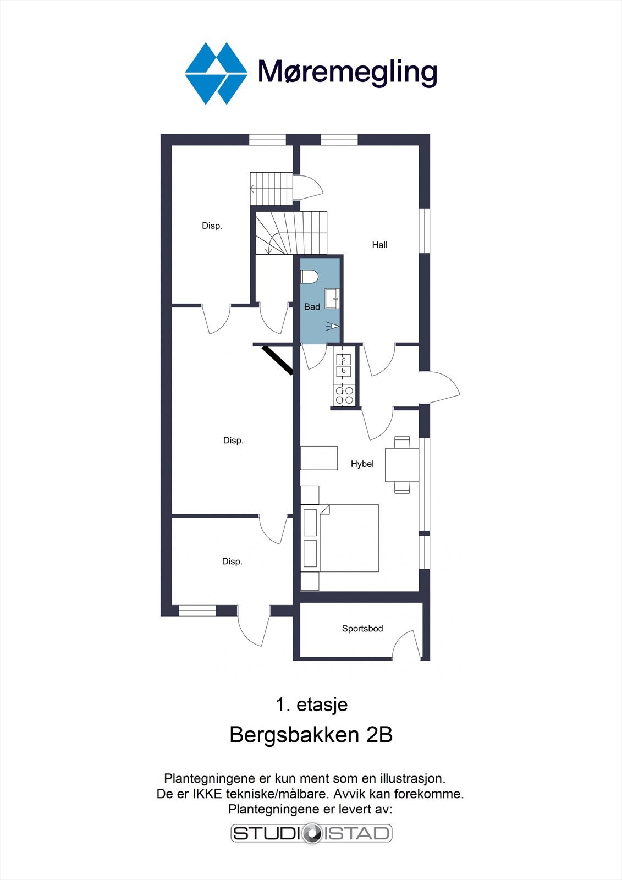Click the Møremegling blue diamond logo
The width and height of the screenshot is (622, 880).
point(216,73)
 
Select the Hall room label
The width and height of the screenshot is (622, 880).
point(379,245)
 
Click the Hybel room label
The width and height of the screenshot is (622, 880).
point(362,464)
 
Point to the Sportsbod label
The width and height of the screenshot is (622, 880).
point(362,628)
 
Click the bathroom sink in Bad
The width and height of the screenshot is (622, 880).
point(332,299)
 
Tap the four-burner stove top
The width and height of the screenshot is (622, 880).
point(344,395)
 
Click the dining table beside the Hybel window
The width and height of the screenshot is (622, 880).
point(401,464)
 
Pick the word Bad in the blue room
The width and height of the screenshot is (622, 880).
point(312,307)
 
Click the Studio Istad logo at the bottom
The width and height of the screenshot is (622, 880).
point(311,833)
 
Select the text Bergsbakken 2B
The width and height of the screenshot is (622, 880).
point(311,735)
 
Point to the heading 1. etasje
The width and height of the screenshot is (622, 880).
point(311,705)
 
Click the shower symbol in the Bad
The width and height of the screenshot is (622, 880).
point(332,326)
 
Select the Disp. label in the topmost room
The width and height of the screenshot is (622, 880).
point(212,226)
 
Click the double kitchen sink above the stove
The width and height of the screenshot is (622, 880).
point(344,365)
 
